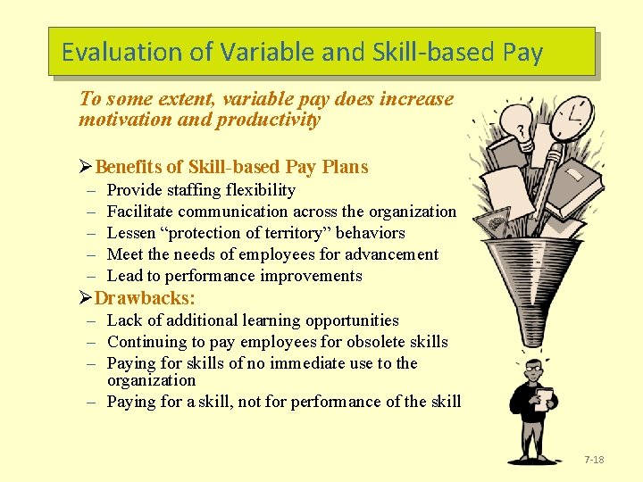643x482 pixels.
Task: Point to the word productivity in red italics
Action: point(267,120)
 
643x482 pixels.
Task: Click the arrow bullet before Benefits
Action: point(86,167)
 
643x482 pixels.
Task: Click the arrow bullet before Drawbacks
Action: point(86,298)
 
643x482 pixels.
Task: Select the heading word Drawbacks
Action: point(145,298)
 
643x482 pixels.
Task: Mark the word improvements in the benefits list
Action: point(313,276)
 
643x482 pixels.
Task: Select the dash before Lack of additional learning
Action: point(92,320)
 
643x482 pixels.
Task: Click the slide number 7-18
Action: point(594,460)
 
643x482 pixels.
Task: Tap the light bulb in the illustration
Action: point(515,121)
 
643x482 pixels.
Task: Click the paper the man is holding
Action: point(544,398)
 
